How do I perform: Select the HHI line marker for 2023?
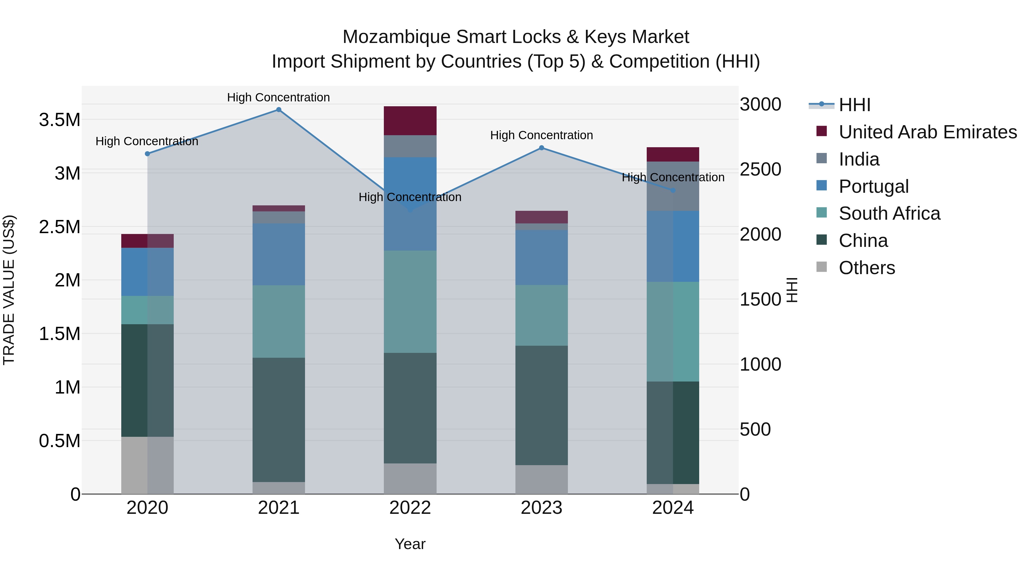pos(541,148)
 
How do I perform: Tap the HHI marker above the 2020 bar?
pos(147,154)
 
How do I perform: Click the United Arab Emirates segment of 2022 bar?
pos(410,121)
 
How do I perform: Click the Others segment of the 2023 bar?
pos(541,479)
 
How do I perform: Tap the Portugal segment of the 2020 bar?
pos(147,272)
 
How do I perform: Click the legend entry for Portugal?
pos(873,186)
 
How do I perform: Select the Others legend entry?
pos(867,268)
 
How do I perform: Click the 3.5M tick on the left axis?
pos(59,120)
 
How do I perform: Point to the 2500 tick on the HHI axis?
pos(760,169)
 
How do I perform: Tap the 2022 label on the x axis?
pos(410,508)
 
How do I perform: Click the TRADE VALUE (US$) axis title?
pos(9,290)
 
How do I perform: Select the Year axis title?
pos(410,544)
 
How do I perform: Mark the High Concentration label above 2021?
pos(278,97)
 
